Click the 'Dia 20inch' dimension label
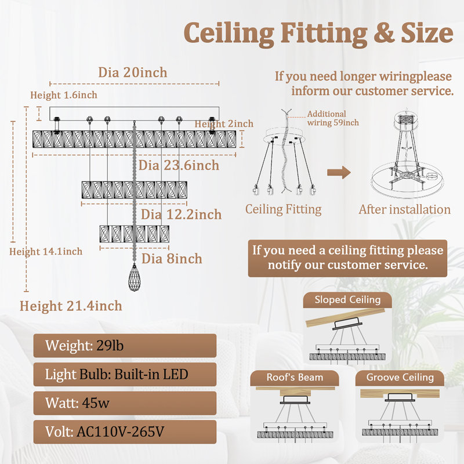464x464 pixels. (133, 72)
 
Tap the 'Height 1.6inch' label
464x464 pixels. (64, 95)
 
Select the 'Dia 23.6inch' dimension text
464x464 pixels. (179, 165)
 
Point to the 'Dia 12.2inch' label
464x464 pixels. (181, 215)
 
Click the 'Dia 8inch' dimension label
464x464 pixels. (172, 259)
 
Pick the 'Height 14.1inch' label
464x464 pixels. (46, 252)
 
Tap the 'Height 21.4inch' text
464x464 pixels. (71, 306)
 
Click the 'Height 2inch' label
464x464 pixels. (224, 124)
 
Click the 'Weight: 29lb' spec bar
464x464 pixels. (125, 346)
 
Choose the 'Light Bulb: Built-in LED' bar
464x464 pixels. (125, 374)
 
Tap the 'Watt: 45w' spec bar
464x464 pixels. (125, 403)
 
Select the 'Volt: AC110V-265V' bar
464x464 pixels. (125, 432)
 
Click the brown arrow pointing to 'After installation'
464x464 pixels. (339, 172)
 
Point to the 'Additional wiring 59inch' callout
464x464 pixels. (333, 118)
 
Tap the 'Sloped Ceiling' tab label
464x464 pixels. (347, 300)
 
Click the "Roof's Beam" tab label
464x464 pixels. (295, 378)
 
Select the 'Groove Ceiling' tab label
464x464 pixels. (400, 378)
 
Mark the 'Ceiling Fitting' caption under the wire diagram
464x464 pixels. (283, 209)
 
